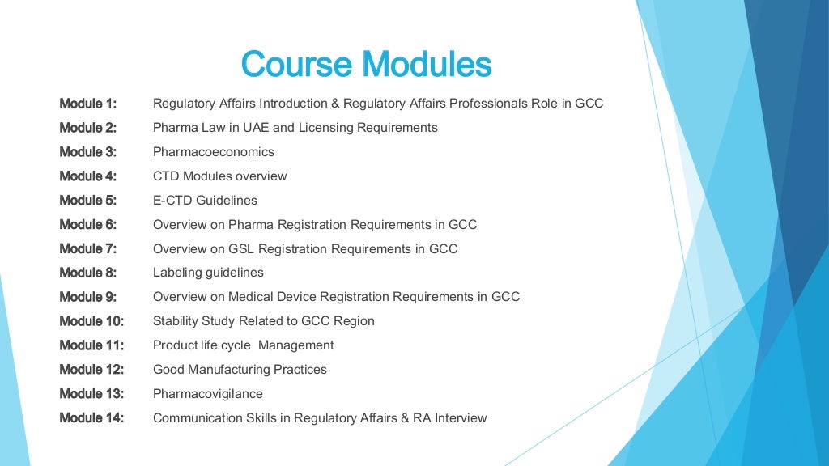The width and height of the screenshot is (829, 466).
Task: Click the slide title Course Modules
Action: pos(366,65)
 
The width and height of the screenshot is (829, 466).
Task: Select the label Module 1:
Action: pos(87,104)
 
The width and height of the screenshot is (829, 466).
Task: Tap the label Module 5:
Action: pos(87,200)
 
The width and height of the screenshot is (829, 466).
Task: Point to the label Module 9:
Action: pos(87,297)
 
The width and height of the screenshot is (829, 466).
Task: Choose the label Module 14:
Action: pos(91,418)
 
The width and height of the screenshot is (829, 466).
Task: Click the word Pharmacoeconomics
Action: pos(214,152)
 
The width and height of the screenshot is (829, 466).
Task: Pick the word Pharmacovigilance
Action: pos(207,394)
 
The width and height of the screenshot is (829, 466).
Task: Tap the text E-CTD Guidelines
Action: pos(205,201)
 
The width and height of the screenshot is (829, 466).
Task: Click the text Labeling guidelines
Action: pos(208,273)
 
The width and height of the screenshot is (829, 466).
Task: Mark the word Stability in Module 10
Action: pos(175,321)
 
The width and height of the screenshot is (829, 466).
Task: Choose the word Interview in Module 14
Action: pos(459,418)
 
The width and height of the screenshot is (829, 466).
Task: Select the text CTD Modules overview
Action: pos(219,176)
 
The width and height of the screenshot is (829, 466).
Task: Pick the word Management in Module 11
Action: pos(295,345)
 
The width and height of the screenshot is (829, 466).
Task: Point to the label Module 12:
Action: pos(91,370)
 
